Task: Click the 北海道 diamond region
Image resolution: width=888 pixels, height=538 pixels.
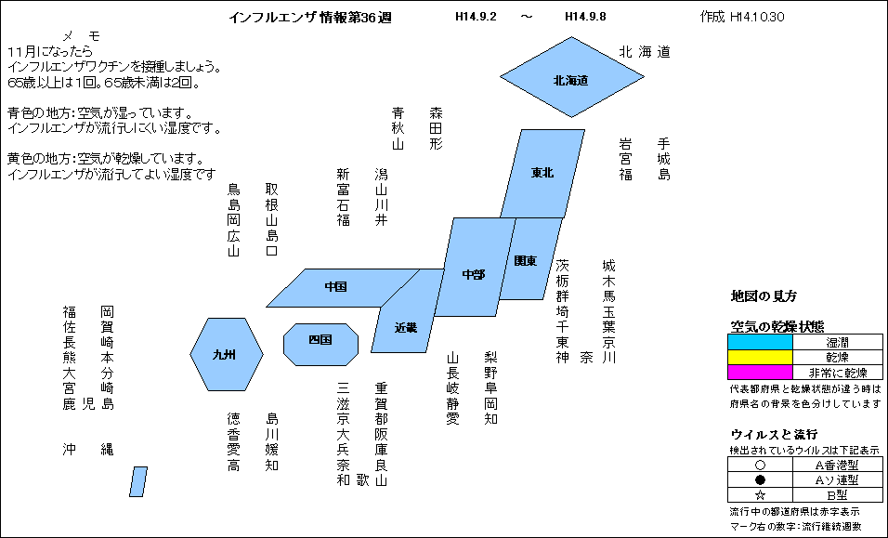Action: (x=571, y=77)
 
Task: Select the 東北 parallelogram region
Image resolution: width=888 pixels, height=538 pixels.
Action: (x=542, y=173)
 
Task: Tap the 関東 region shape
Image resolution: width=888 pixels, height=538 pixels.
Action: (x=530, y=259)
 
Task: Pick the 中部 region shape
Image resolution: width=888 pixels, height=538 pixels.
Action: (x=475, y=267)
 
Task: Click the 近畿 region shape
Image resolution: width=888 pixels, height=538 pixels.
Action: (x=407, y=311)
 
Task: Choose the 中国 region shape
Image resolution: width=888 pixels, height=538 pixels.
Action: (x=343, y=288)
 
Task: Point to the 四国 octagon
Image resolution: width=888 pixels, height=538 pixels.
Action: (x=320, y=345)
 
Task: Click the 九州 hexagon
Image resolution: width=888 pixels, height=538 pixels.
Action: (x=227, y=355)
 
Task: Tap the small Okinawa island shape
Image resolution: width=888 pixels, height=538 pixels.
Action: (x=138, y=482)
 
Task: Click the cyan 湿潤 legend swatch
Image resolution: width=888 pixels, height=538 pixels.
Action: (x=760, y=342)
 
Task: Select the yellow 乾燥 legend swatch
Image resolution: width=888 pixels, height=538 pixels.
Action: (x=760, y=358)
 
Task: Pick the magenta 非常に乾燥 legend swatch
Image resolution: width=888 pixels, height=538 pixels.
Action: (x=760, y=372)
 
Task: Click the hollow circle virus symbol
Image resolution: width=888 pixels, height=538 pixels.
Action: (x=761, y=465)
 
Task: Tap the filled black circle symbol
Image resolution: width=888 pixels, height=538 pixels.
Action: (x=761, y=479)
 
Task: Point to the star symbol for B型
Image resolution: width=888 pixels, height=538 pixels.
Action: (x=761, y=495)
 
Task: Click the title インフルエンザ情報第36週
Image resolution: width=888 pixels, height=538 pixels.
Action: (x=310, y=18)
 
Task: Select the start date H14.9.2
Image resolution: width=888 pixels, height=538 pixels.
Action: (x=476, y=17)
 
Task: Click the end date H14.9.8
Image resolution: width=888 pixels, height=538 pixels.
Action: (x=585, y=17)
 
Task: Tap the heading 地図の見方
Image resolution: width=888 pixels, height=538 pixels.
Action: (x=764, y=296)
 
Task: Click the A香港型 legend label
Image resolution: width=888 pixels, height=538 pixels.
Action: (x=837, y=465)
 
